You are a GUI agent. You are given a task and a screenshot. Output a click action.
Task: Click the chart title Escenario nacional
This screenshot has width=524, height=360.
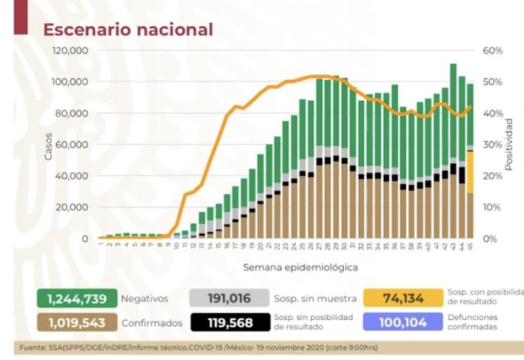tap(128, 30)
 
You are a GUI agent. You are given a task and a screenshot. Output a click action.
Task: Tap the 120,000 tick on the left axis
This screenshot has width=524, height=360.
tap(71, 51)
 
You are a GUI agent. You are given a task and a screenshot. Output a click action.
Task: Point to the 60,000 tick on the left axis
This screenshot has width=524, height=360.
tap(74, 145)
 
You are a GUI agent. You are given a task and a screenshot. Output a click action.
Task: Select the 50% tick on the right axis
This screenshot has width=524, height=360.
tap(493, 82)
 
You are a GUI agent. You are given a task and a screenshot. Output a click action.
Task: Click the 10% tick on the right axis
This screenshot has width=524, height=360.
tap(493, 207)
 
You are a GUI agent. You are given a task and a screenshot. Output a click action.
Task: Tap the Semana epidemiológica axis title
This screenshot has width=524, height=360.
tap(300, 267)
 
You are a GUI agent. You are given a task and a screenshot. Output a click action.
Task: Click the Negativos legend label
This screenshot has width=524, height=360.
tap(144, 298)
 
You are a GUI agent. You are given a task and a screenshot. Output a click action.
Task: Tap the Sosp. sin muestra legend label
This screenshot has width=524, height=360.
tap(315, 298)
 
